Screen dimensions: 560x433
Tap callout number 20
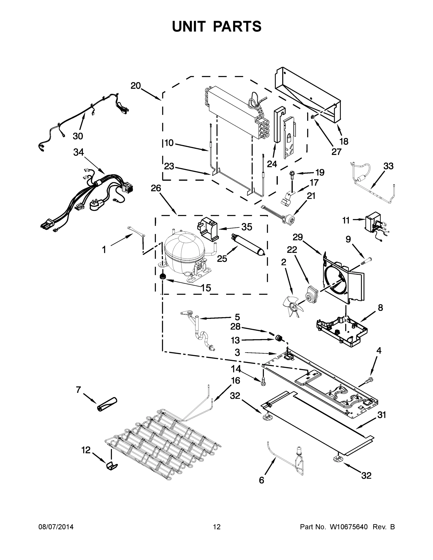point(136,86)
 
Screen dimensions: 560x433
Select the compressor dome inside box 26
point(183,249)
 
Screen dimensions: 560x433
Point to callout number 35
point(246,227)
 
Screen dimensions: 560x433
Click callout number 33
point(388,166)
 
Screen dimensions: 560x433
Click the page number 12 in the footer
point(217,527)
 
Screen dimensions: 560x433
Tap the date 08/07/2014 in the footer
point(56,527)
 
